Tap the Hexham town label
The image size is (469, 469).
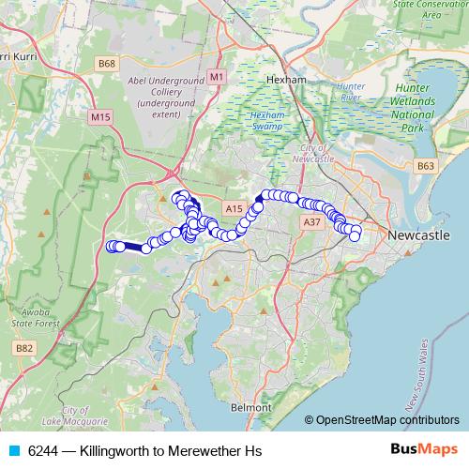[x=287, y=81]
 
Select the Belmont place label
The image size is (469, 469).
[x=251, y=408]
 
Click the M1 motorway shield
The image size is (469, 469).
[x=218, y=75]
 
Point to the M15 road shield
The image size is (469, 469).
[x=100, y=116]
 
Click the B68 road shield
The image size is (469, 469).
[x=108, y=64]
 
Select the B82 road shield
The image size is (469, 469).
[x=24, y=348]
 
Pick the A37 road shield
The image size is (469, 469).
[x=311, y=222]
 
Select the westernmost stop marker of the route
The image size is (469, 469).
[x=110, y=247]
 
